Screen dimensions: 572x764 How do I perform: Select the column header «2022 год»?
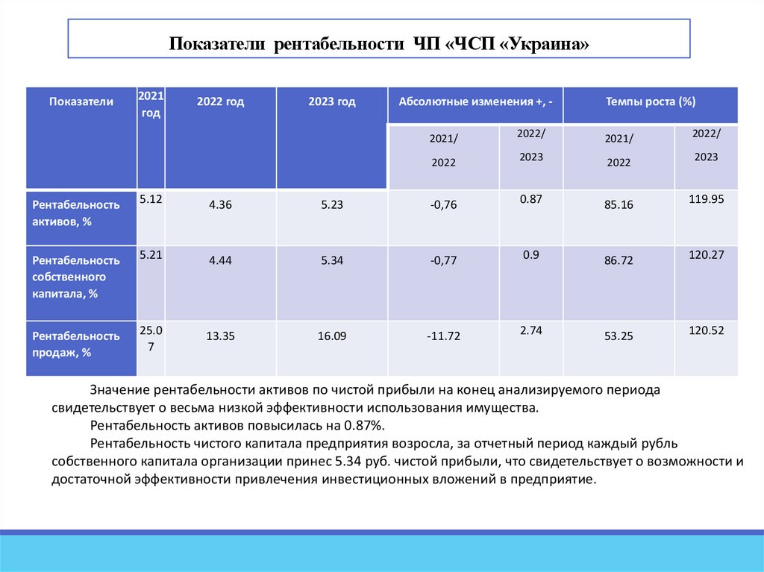pyautogui.click(x=220, y=102)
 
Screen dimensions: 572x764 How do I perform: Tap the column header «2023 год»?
pyautogui.click(x=331, y=102)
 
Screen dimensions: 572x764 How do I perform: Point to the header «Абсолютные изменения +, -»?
pyautogui.click(x=475, y=102)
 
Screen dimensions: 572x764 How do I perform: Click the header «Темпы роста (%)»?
pyautogui.click(x=650, y=102)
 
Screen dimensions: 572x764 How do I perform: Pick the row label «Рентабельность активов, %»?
pyautogui.click(x=75, y=213)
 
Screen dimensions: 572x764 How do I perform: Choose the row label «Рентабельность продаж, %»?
pyautogui.click(x=75, y=345)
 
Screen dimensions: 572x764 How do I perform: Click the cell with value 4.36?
pyautogui.click(x=221, y=204)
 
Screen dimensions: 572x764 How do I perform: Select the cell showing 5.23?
pyautogui.click(x=331, y=204)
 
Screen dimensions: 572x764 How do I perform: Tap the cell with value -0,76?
pyautogui.click(x=443, y=204)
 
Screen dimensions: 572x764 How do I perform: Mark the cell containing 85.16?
pyautogui.click(x=619, y=204)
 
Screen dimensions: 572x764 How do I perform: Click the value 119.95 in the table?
pyautogui.click(x=706, y=198)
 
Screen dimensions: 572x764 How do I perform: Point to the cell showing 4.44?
pyautogui.click(x=221, y=260)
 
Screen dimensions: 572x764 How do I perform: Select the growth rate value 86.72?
pyautogui.click(x=619, y=260)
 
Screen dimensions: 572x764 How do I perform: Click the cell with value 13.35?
pyautogui.click(x=221, y=336)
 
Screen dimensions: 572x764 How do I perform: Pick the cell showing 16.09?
pyautogui.click(x=331, y=336)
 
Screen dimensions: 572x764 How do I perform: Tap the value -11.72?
pyautogui.click(x=443, y=336)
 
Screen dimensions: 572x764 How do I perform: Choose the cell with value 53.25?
pyautogui.click(x=619, y=336)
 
